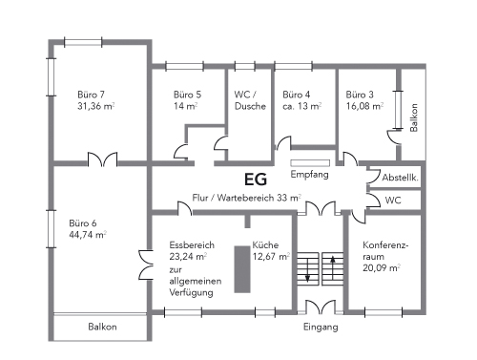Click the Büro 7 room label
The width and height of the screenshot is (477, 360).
(x=91, y=95)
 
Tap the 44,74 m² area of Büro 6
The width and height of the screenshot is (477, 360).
(x=88, y=235)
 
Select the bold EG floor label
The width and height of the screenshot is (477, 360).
(x=256, y=180)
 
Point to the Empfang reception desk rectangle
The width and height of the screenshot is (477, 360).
(x=310, y=163)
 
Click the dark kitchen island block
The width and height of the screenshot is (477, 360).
(x=242, y=269)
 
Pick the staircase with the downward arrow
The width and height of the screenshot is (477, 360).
(x=308, y=269)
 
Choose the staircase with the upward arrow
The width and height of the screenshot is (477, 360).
(x=333, y=269)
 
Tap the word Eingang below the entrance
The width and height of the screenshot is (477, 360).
(x=321, y=328)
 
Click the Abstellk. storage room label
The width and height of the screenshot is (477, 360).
(x=400, y=178)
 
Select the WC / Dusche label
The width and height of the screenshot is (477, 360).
(x=250, y=100)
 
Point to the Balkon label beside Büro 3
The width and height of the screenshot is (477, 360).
(x=414, y=117)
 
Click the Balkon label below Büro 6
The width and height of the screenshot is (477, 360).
(x=102, y=327)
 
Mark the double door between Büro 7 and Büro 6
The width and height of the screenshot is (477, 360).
(x=102, y=159)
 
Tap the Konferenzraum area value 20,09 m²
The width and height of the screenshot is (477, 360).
(x=382, y=268)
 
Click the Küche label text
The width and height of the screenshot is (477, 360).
(x=265, y=245)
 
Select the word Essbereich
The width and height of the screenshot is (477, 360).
(x=192, y=245)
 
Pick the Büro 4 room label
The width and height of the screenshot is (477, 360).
(x=297, y=95)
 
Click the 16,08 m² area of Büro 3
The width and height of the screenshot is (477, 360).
(x=364, y=106)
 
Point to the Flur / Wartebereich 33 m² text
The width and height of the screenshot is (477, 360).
(x=247, y=198)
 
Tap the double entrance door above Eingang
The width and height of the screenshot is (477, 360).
(x=321, y=307)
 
